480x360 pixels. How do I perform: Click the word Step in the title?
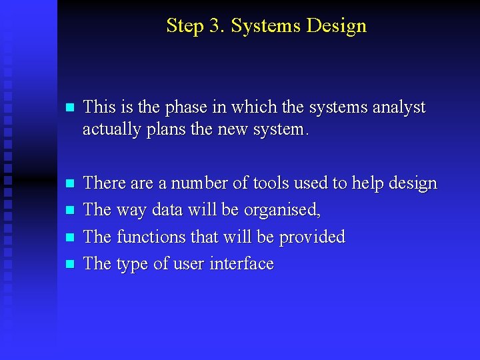click(x=184, y=27)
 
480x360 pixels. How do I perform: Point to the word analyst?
click(x=399, y=107)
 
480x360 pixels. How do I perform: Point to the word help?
click(x=369, y=183)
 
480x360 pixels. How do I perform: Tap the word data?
click(x=167, y=210)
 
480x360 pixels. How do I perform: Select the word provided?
click(x=312, y=237)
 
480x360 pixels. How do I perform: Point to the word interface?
click(x=241, y=264)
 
